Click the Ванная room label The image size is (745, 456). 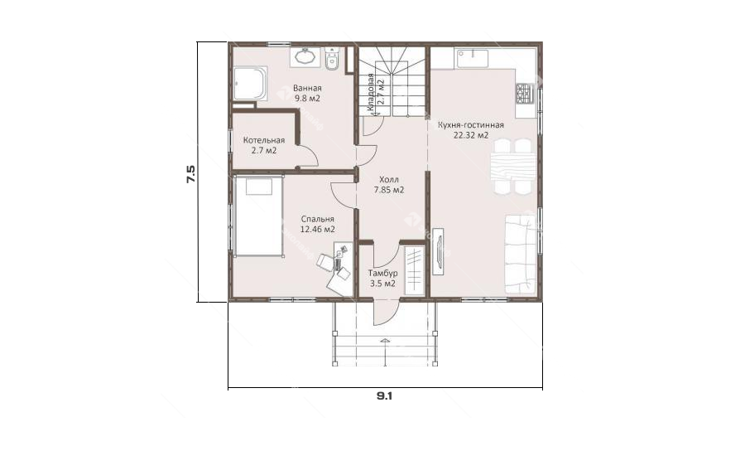[307, 88]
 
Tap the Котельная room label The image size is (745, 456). [264, 140]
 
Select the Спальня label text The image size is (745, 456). [317, 219]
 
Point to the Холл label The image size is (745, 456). [389, 179]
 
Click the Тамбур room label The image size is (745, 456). [383, 274]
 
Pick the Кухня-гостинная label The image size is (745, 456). [471, 125]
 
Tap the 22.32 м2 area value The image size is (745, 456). [471, 136]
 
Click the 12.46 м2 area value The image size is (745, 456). [317, 230]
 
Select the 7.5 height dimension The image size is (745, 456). [190, 174]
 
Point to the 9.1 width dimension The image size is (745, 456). [384, 396]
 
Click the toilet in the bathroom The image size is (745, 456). [332, 59]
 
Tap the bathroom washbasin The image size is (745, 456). [304, 57]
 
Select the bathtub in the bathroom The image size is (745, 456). [250, 83]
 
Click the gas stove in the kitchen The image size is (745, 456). [524, 94]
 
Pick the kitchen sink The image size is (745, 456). [473, 58]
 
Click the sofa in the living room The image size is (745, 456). [520, 255]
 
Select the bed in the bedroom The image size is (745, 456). [258, 216]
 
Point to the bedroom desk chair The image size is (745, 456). [325, 262]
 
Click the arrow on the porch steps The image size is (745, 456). [385, 340]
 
